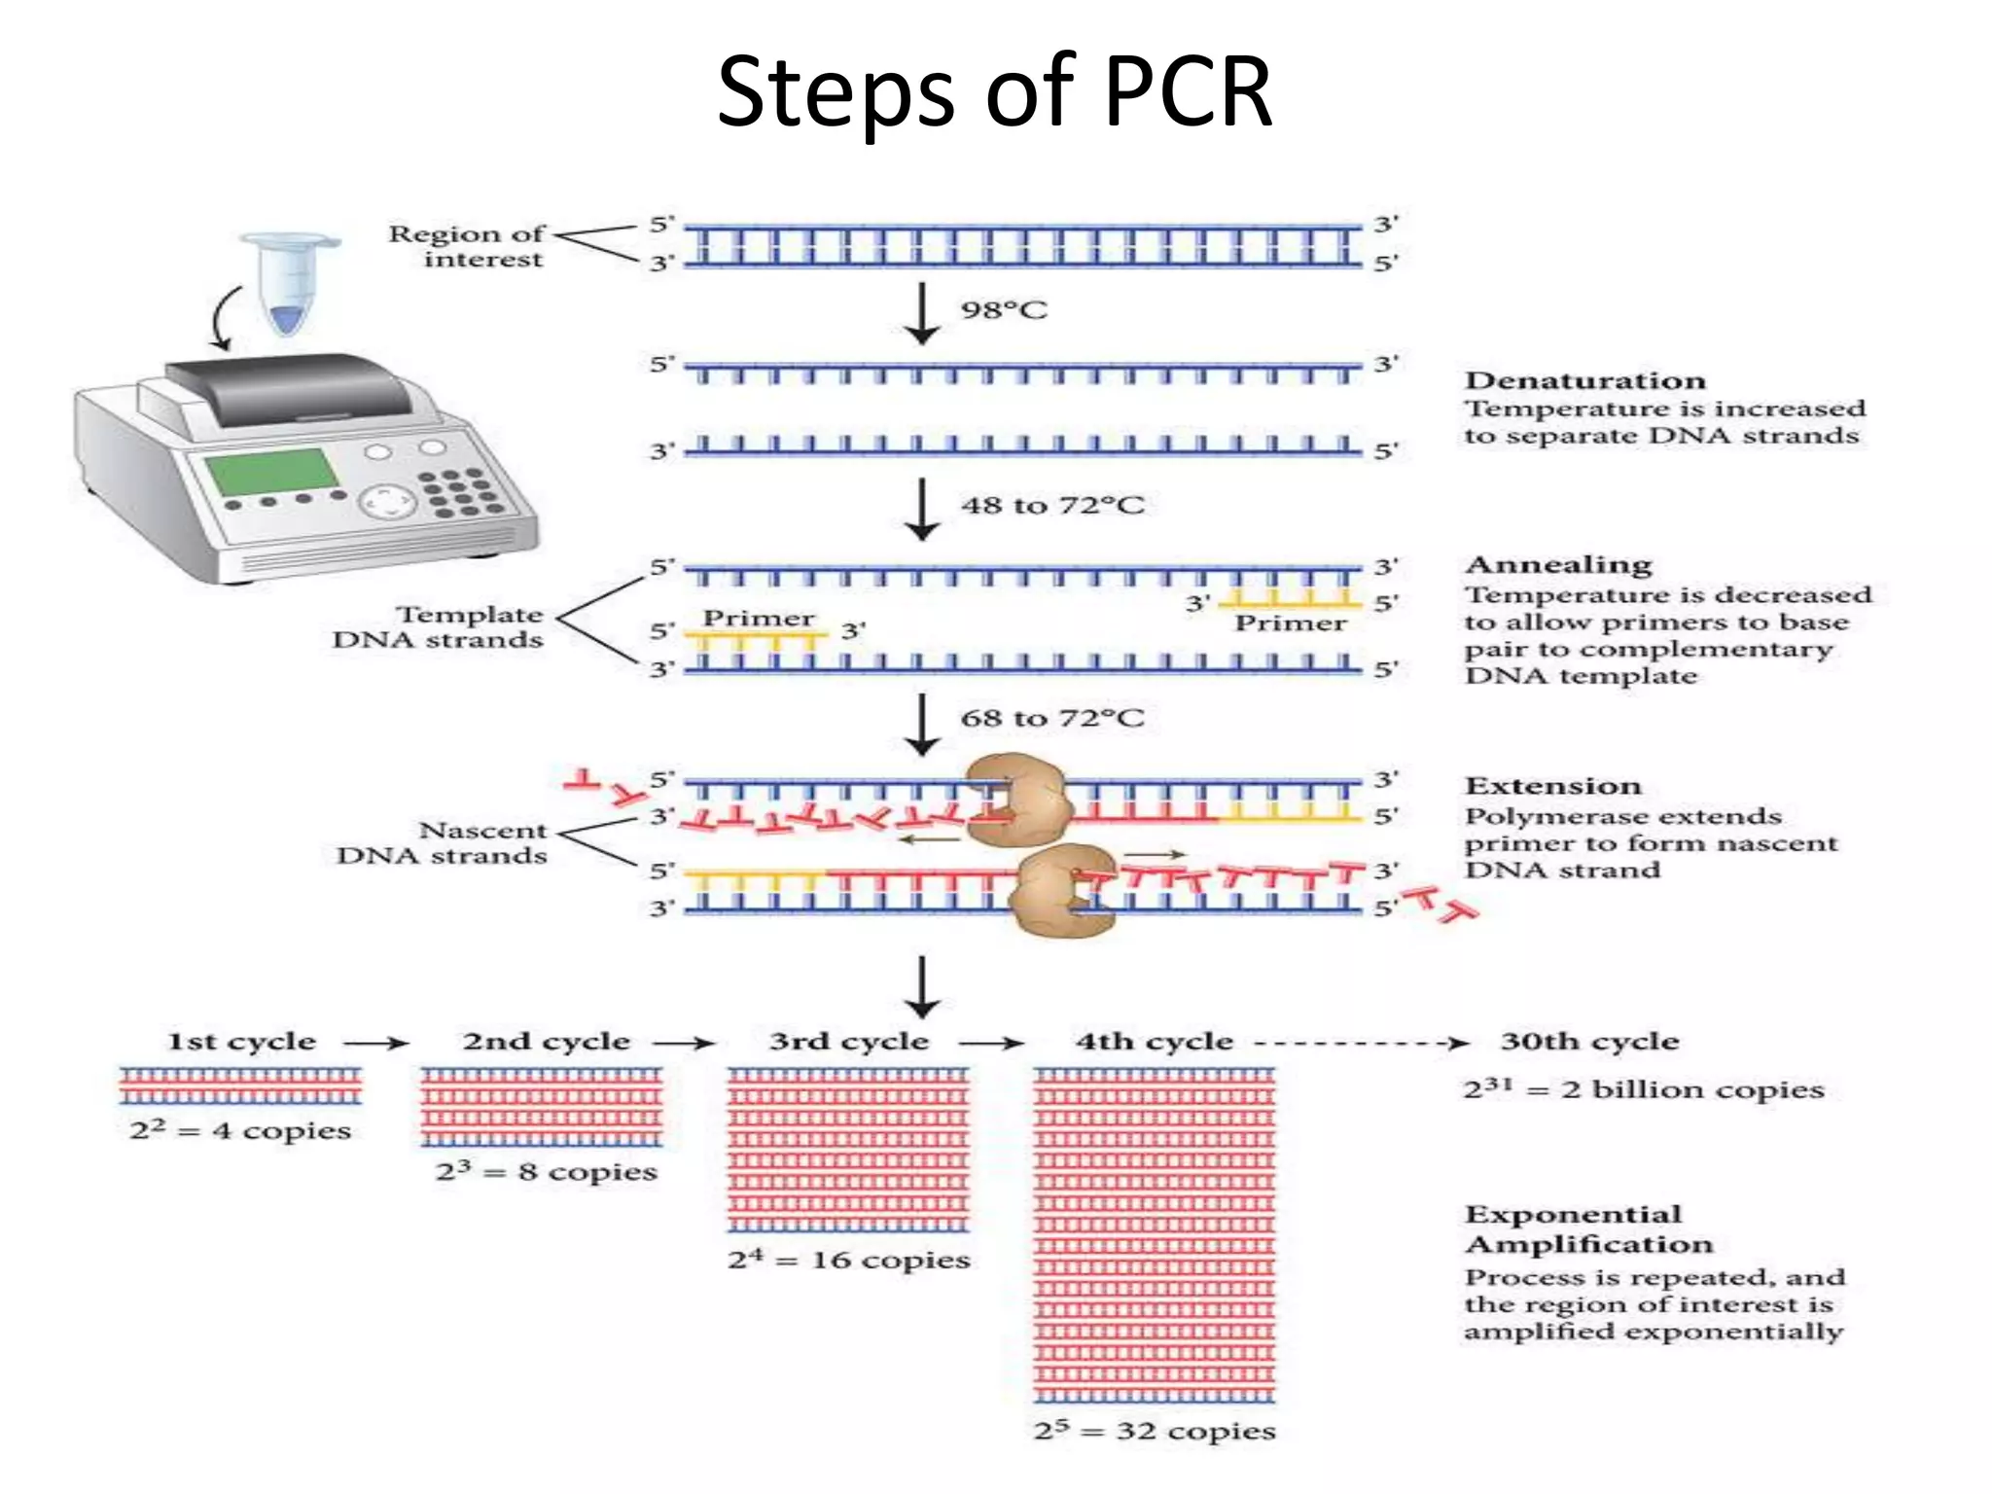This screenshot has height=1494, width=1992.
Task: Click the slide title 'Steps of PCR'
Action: click(x=994, y=91)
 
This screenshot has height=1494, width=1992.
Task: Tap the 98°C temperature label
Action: click(x=1004, y=310)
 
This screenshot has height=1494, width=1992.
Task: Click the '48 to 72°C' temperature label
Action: click(x=1052, y=505)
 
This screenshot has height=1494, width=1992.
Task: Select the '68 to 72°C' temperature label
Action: click(x=1052, y=718)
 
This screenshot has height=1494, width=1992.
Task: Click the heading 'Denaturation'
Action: click(x=1584, y=380)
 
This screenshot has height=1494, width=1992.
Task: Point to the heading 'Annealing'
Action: click(x=1558, y=565)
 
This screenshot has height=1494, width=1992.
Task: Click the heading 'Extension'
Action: click(x=1552, y=786)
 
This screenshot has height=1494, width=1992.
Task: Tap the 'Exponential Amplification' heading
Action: click(x=1588, y=1229)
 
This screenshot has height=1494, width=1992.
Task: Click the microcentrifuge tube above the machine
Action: click(x=289, y=282)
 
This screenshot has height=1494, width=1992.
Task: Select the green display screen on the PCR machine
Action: click(x=273, y=472)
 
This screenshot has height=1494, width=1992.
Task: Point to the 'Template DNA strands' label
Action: click(x=438, y=627)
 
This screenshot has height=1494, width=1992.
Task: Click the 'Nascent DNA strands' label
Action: click(x=442, y=842)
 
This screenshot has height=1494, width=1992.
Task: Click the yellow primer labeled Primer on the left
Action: click(x=754, y=638)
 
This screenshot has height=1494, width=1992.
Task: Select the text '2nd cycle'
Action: click(x=546, y=1042)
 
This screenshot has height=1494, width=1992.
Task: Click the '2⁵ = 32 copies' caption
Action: click(x=1155, y=1431)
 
